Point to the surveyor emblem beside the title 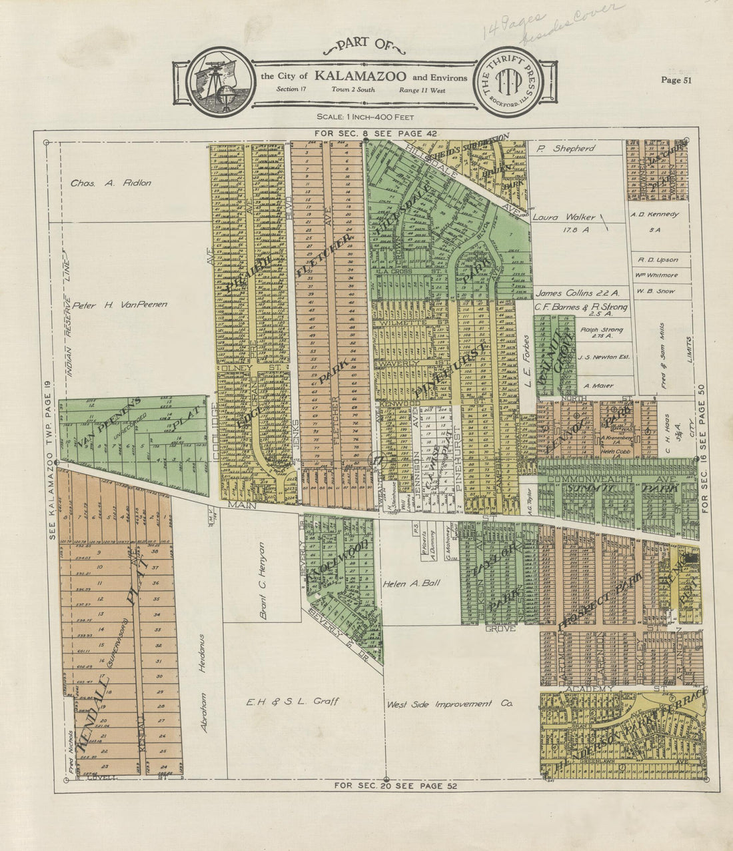coord(220,83)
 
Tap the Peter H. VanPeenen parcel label coord(120,304)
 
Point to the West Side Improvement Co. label coord(448,704)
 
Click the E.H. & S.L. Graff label coord(293,702)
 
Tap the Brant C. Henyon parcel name coord(263,580)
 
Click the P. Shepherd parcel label coord(564,148)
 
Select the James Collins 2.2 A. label coord(577,292)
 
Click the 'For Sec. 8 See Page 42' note coord(376,134)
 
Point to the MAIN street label coord(238,506)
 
